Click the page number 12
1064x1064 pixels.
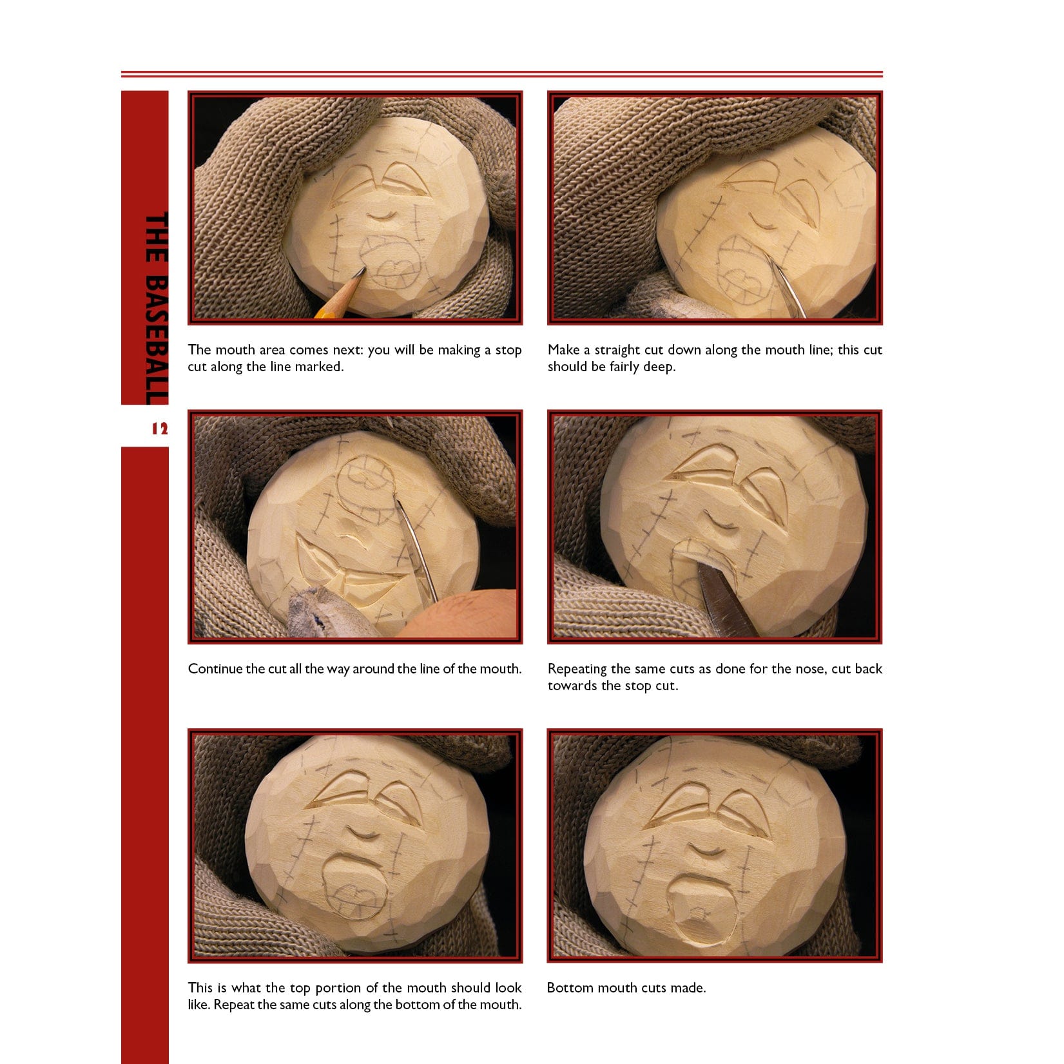[x=159, y=429]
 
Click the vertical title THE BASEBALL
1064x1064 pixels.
[x=156, y=309]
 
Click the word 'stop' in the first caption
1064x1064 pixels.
[x=508, y=350]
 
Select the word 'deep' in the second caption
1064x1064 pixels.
[x=659, y=367]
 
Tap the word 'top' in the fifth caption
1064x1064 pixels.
[x=300, y=989]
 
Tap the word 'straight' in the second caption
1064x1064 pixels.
[x=619, y=351]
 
